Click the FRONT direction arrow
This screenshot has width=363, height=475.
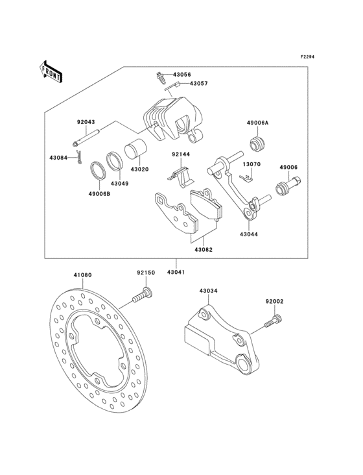pyautogui.click(x=51, y=71)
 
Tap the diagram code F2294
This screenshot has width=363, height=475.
pyautogui.click(x=309, y=57)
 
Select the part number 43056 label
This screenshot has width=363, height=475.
pyautogui.click(x=181, y=75)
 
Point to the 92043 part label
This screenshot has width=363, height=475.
pyautogui.click(x=86, y=121)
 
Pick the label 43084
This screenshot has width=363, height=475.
pyautogui.click(x=58, y=157)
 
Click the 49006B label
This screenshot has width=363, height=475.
pyautogui.click(x=100, y=193)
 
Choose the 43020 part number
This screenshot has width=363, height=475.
pyautogui.click(x=139, y=169)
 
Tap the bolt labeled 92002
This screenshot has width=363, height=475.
pyautogui.click(x=274, y=301)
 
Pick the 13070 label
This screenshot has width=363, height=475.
pyautogui.click(x=252, y=165)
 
